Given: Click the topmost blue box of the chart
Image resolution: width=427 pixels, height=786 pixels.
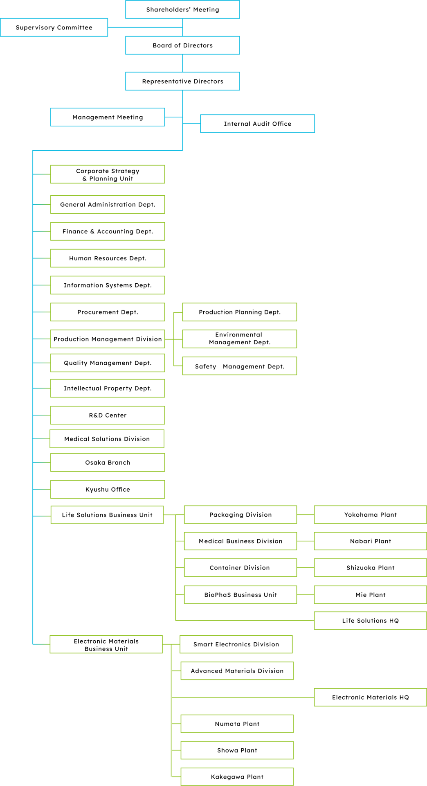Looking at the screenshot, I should (x=182, y=10).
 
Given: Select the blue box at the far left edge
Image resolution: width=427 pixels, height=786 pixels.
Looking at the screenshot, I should (x=54, y=27).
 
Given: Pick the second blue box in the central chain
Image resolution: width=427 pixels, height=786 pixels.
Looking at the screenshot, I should (x=182, y=45).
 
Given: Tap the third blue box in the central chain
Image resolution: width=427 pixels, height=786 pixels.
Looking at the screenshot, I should (x=182, y=81).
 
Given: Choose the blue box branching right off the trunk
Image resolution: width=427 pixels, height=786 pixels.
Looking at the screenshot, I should (x=257, y=124).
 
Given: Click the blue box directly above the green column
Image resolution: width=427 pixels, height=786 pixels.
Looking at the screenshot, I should (x=107, y=117).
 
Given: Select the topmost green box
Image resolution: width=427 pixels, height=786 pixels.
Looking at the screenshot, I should (x=107, y=174).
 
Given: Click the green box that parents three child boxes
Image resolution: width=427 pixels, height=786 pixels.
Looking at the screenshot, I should (x=107, y=339).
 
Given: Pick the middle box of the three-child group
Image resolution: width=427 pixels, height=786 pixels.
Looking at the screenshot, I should (x=239, y=339).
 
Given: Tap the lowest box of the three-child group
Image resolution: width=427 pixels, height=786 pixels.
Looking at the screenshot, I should (x=239, y=366).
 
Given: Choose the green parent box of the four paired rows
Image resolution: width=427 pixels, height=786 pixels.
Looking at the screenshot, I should (x=107, y=515).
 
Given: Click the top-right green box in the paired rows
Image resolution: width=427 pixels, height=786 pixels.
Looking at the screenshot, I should (x=370, y=515).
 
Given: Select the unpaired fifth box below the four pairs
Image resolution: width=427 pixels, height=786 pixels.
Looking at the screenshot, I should (x=370, y=621).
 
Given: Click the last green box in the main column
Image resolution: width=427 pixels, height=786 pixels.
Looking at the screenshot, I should (x=106, y=644).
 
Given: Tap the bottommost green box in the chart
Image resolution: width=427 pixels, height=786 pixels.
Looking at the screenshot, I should (x=237, y=777).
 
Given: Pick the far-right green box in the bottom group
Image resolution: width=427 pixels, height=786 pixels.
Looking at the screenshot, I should (x=370, y=697).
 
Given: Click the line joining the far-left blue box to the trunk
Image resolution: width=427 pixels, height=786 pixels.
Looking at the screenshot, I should (x=145, y=27).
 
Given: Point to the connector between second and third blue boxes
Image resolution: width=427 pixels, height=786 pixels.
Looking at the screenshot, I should (x=182, y=63).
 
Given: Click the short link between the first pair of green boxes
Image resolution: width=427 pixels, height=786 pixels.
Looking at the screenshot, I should (x=305, y=515).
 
